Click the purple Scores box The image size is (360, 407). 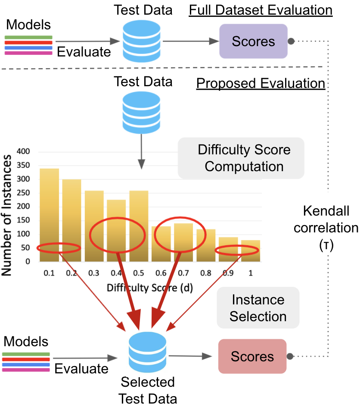coord(253,41)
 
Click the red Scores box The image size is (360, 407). coord(252,356)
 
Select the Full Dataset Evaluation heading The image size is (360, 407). coord(261,10)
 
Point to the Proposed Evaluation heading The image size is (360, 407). coord(261,83)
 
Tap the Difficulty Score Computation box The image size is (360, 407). coord(241,158)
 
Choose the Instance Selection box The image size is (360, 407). coord(258,308)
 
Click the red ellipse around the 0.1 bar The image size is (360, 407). coord(59,248)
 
